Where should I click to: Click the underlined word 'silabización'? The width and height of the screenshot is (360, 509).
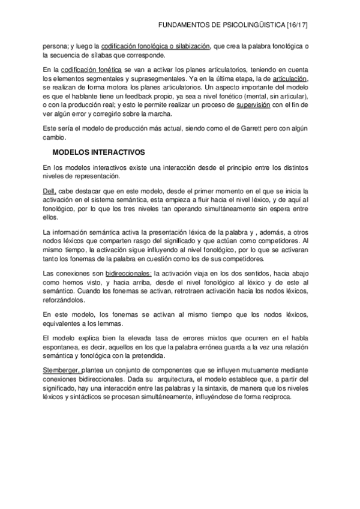191,46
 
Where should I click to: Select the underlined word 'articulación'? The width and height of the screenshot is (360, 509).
289,79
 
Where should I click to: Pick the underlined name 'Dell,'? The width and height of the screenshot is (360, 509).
50,191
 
